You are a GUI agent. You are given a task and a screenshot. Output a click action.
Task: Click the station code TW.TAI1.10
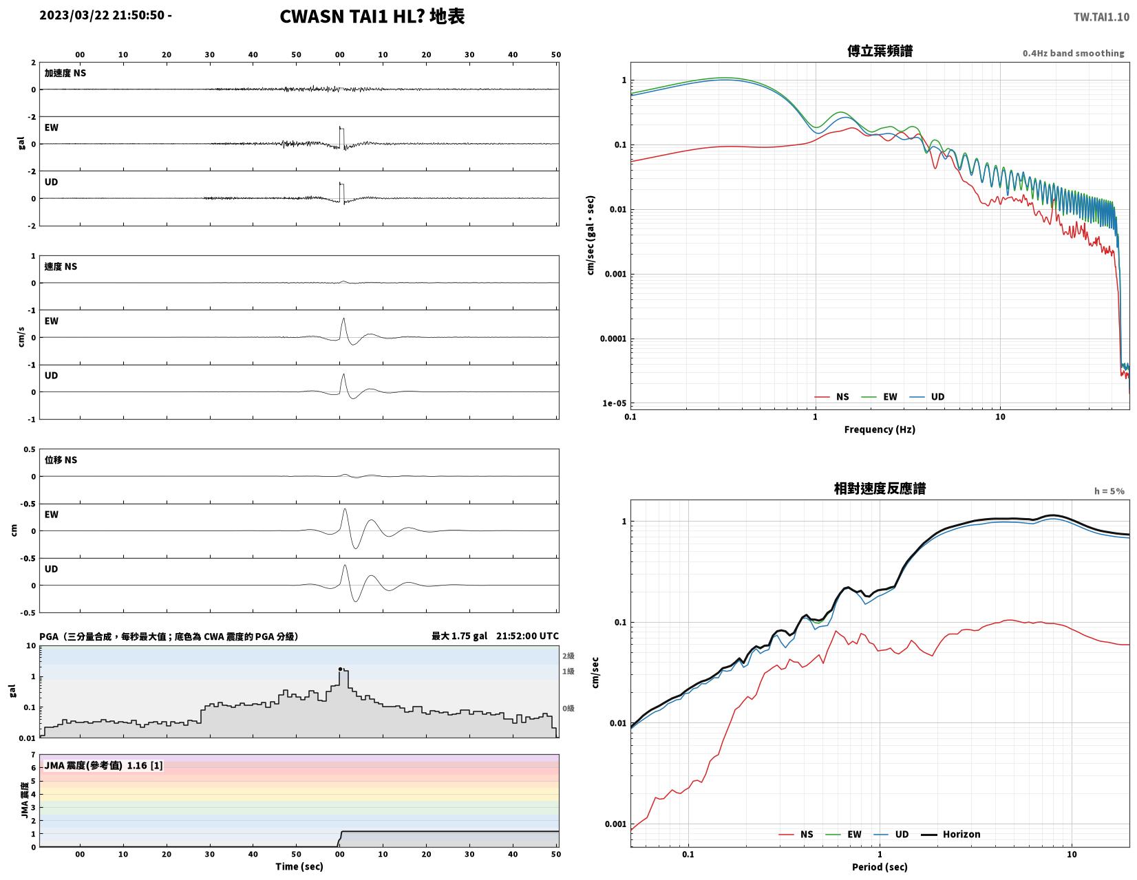pos(1101,17)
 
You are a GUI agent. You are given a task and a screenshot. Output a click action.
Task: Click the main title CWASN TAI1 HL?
pos(352,17)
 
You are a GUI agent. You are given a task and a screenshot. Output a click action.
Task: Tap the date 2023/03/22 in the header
pos(74,15)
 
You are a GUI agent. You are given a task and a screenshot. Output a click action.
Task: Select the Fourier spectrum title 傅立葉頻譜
pos(879,51)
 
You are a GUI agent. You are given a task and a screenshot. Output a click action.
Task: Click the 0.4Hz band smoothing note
pos(1072,54)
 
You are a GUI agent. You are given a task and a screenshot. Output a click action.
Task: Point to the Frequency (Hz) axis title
pos(879,429)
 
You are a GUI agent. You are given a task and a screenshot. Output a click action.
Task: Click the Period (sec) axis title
pos(879,867)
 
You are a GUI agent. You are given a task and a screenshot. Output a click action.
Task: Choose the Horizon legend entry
pos(950,834)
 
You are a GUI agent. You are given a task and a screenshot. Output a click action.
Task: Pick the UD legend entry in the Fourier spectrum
pos(926,397)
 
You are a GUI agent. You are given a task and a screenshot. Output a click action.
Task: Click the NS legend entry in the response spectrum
pos(796,834)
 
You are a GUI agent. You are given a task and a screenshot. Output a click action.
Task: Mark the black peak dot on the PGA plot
pos(340,669)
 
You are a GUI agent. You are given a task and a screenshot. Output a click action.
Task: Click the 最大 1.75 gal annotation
pos(459,636)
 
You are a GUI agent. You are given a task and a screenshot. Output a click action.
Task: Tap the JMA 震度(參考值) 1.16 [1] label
pos(103,766)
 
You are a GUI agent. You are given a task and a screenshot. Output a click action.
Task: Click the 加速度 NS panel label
pos(65,73)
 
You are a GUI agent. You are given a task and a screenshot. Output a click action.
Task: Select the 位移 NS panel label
pos(61,460)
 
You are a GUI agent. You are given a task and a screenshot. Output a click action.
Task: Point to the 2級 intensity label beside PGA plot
pos(568,656)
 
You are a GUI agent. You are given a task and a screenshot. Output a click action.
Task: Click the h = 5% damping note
pos(1109,491)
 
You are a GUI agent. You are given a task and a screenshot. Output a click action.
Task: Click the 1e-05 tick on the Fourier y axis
pos(614,403)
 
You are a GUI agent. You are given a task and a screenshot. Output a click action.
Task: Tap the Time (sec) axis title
pos(299,866)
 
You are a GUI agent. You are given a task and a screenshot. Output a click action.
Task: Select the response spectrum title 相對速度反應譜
pos(879,489)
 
